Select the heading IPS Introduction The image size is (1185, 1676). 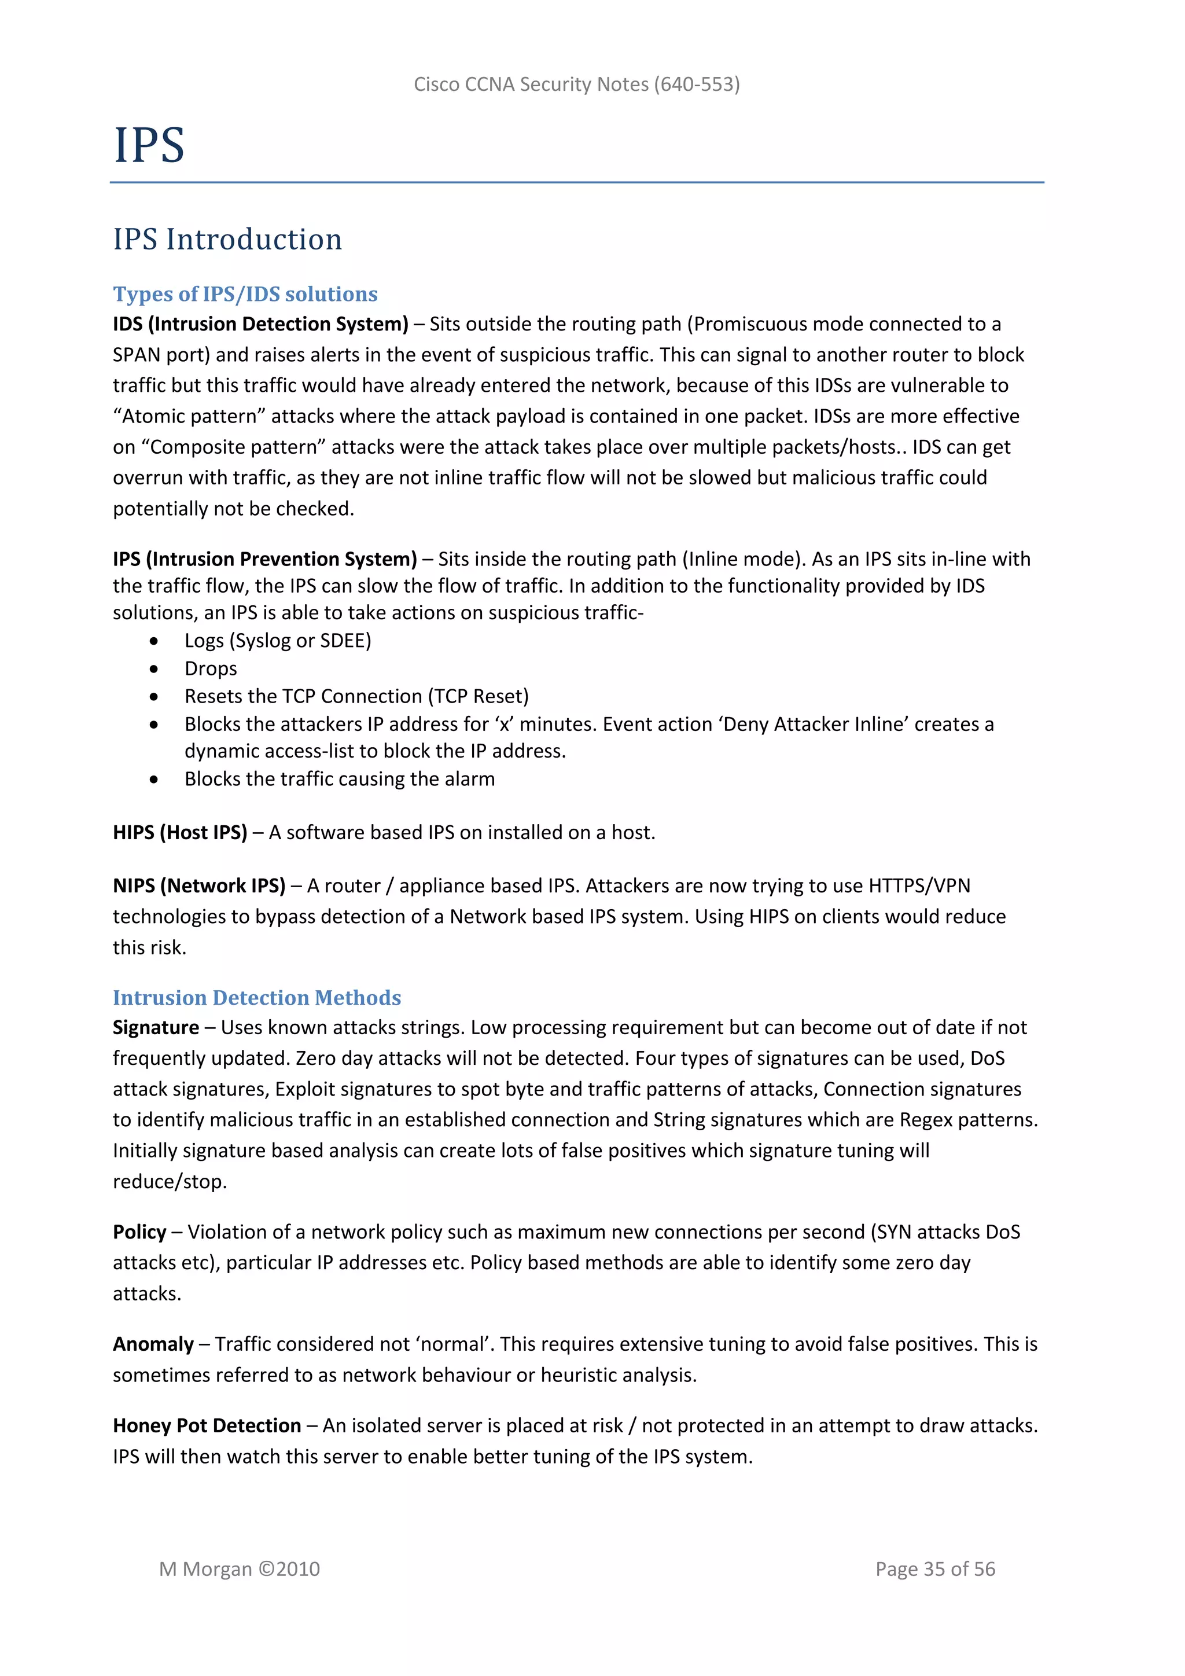[x=227, y=240]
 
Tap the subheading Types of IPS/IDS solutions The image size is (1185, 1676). [x=245, y=294]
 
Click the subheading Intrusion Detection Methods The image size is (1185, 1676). [x=257, y=998]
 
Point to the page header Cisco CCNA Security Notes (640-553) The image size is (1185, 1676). [x=576, y=84]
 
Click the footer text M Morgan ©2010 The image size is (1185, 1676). [x=240, y=1569]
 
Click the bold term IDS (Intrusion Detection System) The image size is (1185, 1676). [x=260, y=324]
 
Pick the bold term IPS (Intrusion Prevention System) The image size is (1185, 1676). [x=265, y=559]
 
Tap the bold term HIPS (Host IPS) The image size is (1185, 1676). [x=180, y=833]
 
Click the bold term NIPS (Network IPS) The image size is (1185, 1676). [x=199, y=886]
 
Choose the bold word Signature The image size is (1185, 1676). [x=156, y=1028]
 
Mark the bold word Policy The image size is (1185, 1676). [x=139, y=1232]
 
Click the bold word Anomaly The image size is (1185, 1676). [x=153, y=1344]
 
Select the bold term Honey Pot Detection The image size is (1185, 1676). [x=207, y=1425]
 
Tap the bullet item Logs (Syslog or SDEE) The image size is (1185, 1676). [x=277, y=641]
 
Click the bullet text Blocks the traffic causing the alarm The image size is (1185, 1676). [x=339, y=780]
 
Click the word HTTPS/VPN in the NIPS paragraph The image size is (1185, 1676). [x=919, y=886]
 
